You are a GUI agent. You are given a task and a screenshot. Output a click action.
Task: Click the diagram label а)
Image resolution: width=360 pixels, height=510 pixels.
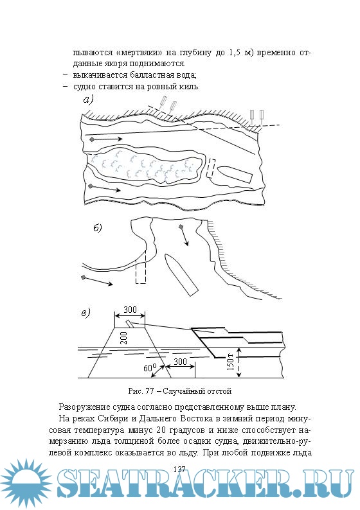click(88, 100)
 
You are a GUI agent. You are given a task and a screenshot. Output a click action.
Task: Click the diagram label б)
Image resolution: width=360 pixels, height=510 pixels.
click(98, 228)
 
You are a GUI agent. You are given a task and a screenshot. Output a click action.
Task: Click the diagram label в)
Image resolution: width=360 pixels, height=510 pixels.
click(85, 313)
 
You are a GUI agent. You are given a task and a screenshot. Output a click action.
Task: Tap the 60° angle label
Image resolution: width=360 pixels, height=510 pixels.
click(150, 368)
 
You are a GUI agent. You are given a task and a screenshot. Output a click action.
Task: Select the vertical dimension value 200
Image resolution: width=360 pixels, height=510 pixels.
click(123, 339)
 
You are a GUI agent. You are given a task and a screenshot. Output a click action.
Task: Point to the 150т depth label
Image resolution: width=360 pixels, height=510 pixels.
click(230, 362)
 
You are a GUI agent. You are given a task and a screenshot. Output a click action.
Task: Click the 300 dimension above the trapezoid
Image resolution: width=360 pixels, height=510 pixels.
click(130, 310)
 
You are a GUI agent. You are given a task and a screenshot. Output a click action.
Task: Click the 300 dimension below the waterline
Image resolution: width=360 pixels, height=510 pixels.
click(180, 362)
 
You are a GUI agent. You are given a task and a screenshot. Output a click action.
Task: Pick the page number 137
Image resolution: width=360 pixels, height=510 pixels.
click(179, 469)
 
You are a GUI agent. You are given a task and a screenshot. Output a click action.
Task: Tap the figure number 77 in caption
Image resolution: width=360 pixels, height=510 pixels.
click(149, 391)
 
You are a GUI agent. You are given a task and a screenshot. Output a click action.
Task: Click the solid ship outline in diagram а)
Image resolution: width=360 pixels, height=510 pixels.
click(235, 174)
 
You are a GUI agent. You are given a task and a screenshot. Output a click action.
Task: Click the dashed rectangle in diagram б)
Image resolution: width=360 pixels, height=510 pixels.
click(141, 267)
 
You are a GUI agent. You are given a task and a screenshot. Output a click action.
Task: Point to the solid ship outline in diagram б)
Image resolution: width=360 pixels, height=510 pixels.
click(181, 275)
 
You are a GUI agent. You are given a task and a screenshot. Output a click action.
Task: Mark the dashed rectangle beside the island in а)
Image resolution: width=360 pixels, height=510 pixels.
click(211, 168)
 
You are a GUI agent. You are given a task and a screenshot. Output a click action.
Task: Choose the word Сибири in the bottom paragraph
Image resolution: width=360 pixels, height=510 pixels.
click(109, 419)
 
